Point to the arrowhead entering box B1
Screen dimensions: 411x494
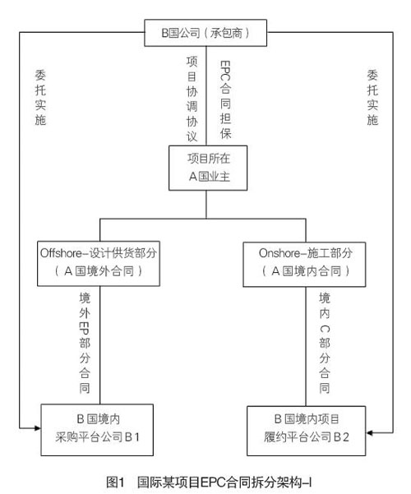point(38,428)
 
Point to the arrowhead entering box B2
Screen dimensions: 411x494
point(369,433)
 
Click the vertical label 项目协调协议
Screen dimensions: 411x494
point(192,99)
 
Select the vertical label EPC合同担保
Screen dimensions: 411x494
point(225,99)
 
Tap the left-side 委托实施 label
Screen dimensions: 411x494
point(40,98)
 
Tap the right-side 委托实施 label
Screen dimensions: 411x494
point(372,98)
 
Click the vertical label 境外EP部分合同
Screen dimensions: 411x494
point(85,343)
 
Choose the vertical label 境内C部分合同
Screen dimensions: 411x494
point(325,343)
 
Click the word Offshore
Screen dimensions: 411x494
point(61,253)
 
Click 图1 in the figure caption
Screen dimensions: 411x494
point(115,482)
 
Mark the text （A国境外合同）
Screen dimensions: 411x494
point(99,271)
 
